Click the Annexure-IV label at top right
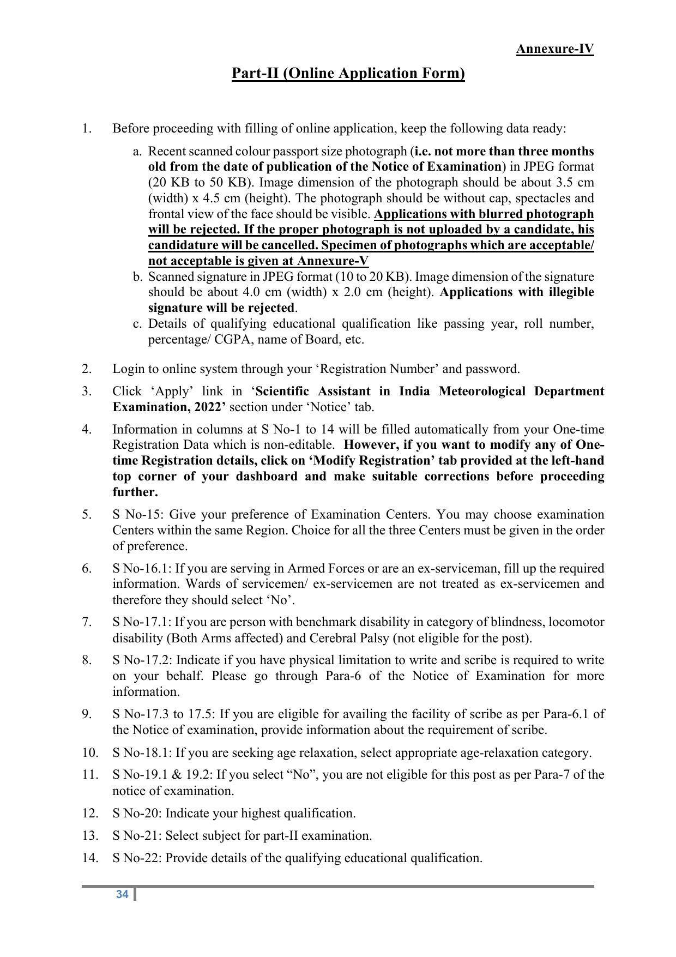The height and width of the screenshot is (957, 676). point(554,49)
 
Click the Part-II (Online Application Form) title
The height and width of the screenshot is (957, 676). point(348,73)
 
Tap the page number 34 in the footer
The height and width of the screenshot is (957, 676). point(122,894)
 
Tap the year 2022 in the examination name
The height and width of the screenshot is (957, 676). point(206,407)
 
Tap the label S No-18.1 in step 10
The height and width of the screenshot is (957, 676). point(142,753)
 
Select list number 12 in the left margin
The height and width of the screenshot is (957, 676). point(90,813)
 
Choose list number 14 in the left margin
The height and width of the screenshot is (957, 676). point(90,858)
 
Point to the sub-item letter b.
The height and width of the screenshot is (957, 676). point(137,276)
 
